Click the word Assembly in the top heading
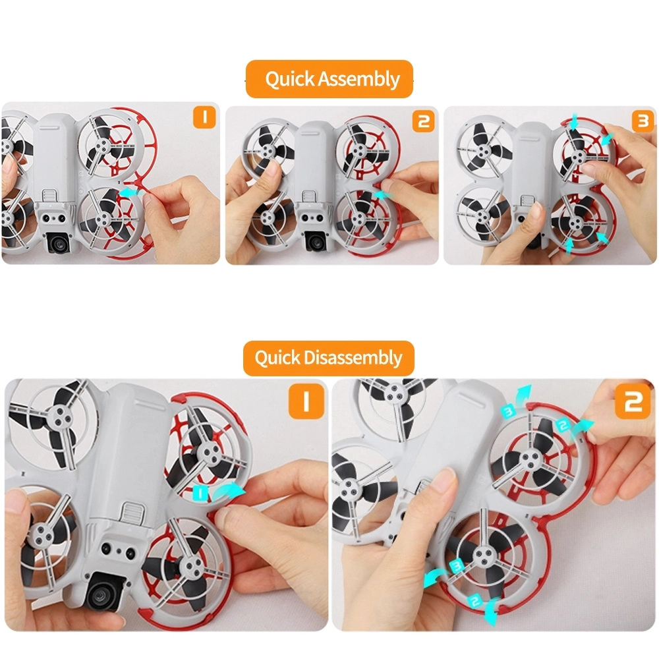tap(358, 79)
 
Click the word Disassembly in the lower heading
tap(353, 358)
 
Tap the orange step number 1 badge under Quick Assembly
tap(204, 117)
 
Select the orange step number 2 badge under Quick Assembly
tap(423, 121)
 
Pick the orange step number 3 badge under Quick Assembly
tap(643, 121)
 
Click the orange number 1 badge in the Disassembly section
tap(306, 401)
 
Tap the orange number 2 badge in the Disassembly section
tap(633, 401)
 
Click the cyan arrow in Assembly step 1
tap(130, 192)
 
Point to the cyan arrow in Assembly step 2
tap(383, 194)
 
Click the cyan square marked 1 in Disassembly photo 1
tap(200, 492)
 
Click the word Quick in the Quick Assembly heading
tap(290, 79)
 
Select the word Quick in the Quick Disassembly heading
tap(277, 358)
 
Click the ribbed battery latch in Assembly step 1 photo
tap(51, 196)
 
